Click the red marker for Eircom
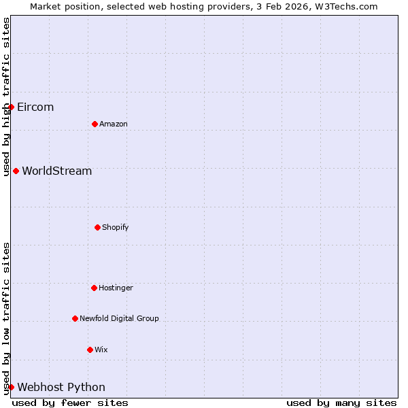[x=11, y=107]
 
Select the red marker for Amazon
[x=95, y=124]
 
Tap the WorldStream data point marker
[x=16, y=171]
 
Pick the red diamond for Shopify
[x=97, y=227]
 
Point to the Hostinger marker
[x=94, y=288]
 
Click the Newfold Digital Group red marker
[x=75, y=318]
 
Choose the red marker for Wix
[x=90, y=350]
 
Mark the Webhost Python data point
[x=11, y=387]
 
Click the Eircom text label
[x=35, y=107]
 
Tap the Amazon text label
[x=114, y=124]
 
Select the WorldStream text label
[x=57, y=171]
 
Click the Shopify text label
[x=116, y=228]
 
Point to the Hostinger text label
[x=116, y=288]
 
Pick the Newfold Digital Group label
[x=119, y=319]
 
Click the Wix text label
[x=101, y=350]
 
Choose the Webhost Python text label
[x=61, y=388]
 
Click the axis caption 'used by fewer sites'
[x=70, y=403]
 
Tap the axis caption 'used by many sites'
[x=341, y=403]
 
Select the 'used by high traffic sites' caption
[x=7, y=97]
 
